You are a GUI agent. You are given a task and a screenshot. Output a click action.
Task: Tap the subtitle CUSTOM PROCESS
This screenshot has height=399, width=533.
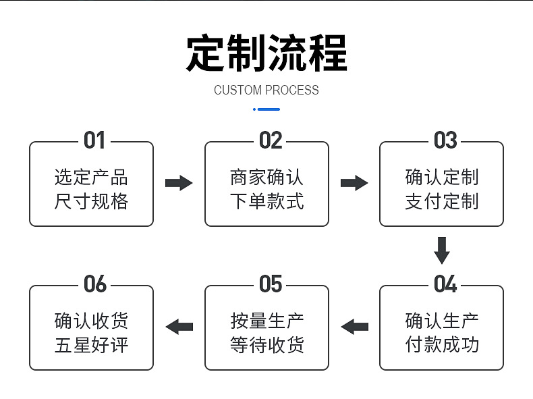pos(266,90)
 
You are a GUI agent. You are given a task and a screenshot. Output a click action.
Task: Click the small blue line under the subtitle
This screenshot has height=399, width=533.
pos(266,109)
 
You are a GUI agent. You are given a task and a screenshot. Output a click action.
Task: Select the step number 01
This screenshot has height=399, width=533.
pos(94,140)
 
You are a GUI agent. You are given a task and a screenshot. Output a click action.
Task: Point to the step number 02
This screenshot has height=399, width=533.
pos(270,140)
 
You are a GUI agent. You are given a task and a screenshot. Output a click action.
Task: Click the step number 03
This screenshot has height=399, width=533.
pos(445,140)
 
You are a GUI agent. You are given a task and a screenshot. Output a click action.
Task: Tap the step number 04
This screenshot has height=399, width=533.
pos(445,284)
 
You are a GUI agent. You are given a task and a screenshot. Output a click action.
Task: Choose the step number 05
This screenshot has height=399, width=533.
pos(270,284)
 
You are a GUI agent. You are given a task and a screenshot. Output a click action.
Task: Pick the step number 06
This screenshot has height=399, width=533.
pos(95,284)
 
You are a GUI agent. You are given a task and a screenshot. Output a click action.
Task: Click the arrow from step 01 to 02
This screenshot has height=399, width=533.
pos(179,183)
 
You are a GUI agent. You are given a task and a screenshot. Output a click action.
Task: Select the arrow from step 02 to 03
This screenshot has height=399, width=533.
pos(354,183)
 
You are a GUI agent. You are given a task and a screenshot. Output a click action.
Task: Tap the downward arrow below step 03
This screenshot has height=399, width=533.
pos(442,250)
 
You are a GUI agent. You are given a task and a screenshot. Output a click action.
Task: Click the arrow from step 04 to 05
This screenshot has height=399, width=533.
pos(354,327)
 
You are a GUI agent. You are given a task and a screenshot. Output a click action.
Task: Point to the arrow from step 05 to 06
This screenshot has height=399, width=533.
pos(179,327)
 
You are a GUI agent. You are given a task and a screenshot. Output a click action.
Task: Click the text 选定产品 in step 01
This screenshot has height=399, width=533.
pos(91,177)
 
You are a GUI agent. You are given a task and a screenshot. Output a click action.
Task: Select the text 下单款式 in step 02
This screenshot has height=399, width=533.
pos(266,201)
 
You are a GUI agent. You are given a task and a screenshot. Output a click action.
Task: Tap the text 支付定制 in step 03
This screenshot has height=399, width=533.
pos(442,201)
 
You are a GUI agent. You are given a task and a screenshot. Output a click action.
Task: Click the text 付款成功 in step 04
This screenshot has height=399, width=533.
pos(442,345)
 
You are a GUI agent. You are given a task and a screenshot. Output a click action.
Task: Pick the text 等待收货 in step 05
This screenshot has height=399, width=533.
pos(266,345)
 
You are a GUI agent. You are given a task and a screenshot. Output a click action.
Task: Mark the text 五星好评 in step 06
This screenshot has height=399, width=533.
pos(91,345)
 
